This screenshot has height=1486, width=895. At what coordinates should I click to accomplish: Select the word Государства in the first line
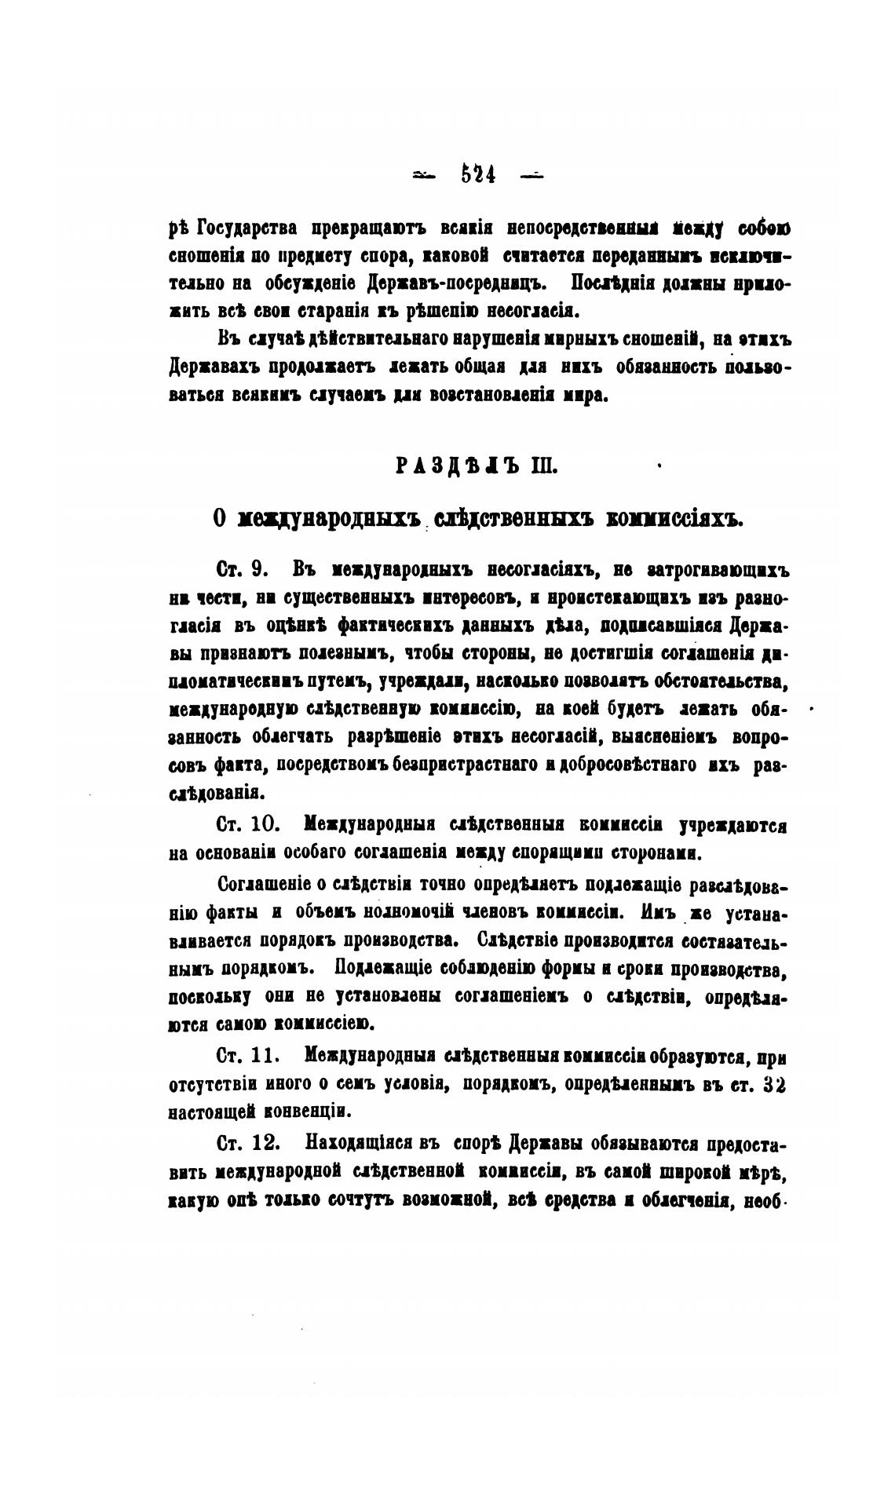[248, 228]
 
